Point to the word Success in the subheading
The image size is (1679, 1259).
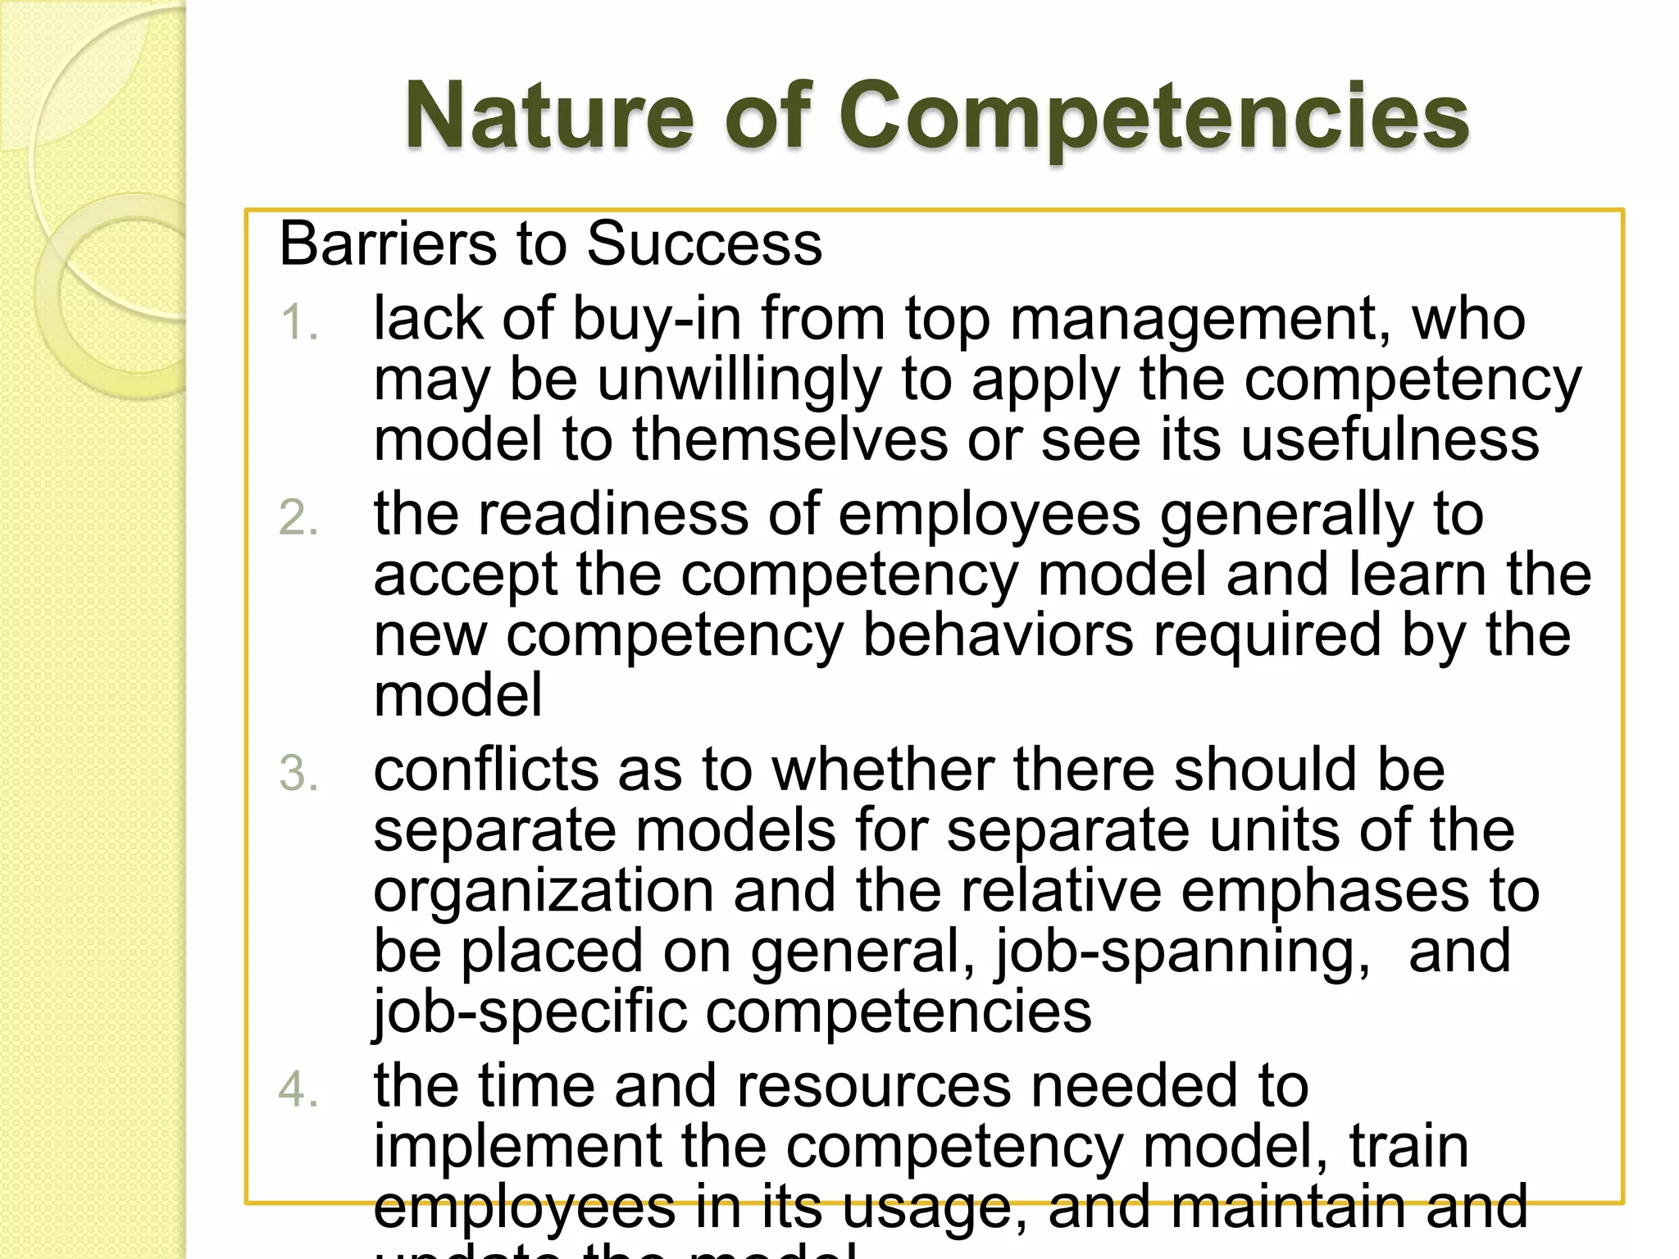(704, 244)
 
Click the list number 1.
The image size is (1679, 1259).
(298, 322)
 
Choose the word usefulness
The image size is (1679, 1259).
(1390, 439)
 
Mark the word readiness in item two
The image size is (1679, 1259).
(612, 514)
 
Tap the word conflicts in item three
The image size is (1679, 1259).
(486, 770)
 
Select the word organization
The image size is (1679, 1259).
(544, 892)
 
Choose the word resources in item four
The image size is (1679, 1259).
(874, 1086)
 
